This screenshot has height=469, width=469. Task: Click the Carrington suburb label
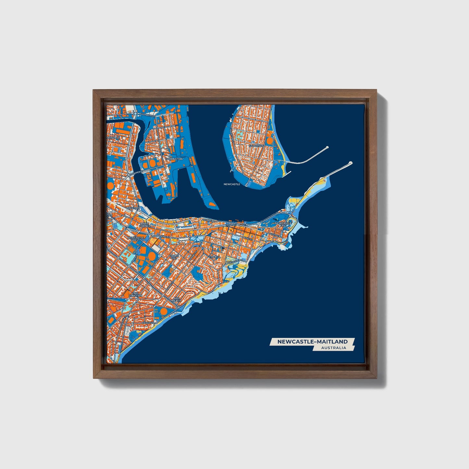coord(174,159)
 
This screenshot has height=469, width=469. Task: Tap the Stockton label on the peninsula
coord(256,146)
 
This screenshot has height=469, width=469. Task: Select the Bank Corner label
coord(145,225)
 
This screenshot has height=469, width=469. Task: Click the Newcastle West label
coord(135,239)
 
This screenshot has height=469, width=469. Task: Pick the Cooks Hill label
coord(174,257)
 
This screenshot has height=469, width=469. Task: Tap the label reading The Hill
coord(215,257)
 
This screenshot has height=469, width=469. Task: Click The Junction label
coord(136,294)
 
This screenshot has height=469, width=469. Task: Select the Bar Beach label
coord(177,299)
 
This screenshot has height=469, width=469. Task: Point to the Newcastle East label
coord(283,224)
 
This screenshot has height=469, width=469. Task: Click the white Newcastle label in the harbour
coord(232,184)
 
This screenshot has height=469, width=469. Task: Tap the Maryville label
coord(113,138)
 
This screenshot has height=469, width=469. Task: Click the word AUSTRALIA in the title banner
coord(333,348)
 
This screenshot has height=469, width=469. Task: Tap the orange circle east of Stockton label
coord(270,141)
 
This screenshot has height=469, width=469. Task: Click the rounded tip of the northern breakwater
coord(327,147)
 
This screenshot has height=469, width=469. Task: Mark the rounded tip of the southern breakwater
coord(350,163)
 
